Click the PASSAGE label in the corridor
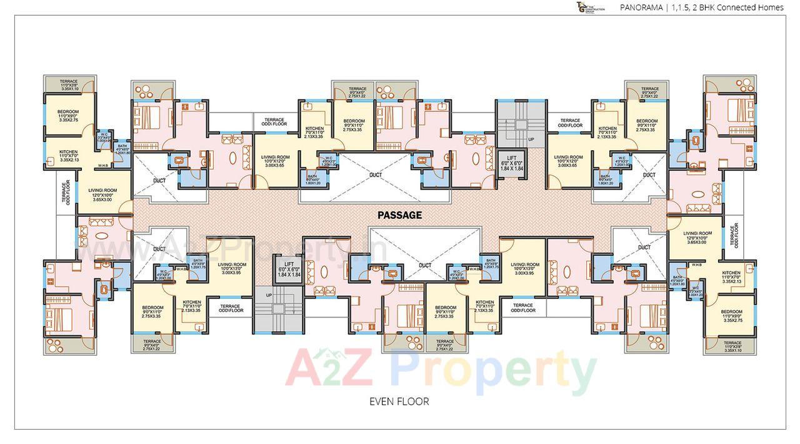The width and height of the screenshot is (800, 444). tap(399, 215)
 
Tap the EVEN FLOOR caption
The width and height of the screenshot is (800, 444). tap(399, 401)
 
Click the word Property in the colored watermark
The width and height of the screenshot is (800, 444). tap(493, 370)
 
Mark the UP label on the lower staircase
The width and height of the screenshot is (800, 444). tap(269, 295)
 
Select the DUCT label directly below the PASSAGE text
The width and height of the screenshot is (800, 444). tap(425, 265)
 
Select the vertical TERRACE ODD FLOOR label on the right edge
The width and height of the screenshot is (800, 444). tap(735, 236)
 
